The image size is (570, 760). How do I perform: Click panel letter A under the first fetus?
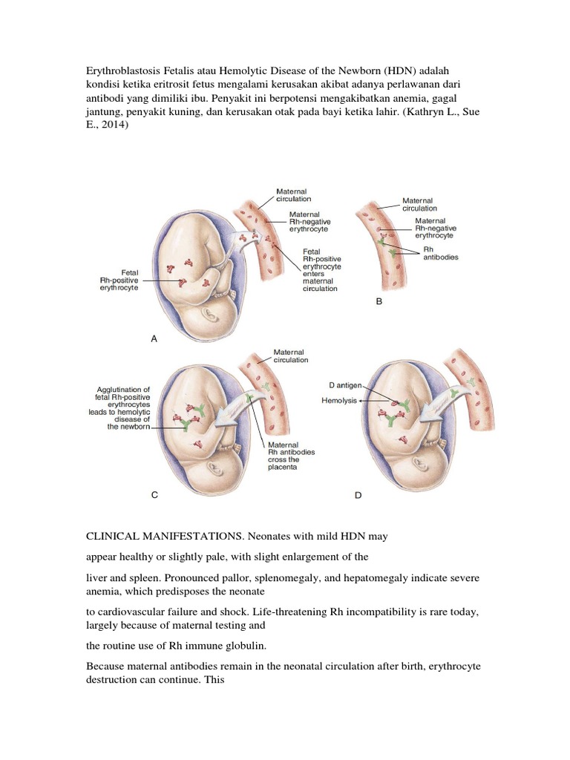[154, 338]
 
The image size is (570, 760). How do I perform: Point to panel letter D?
[358, 495]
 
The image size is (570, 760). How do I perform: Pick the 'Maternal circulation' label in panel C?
[291, 356]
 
